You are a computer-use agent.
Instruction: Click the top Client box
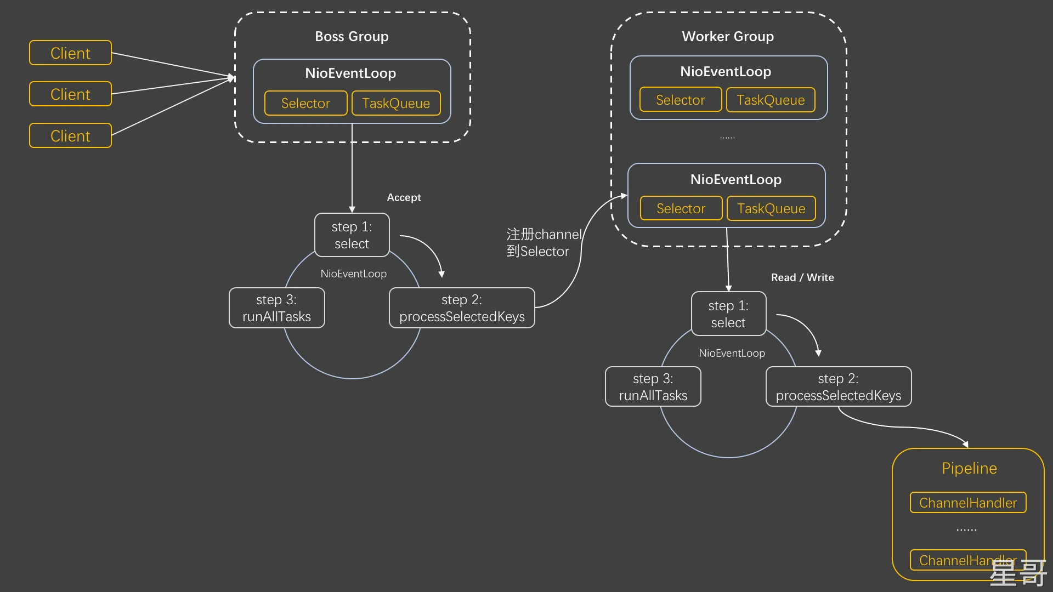[70, 53]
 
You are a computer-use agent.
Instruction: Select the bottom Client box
[70, 136]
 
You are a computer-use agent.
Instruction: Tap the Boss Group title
[352, 37]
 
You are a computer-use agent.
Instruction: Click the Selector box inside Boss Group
[305, 104]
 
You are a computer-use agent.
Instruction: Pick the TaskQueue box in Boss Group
[396, 104]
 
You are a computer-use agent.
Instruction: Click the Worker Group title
[728, 37]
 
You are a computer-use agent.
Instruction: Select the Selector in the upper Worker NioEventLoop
[680, 100]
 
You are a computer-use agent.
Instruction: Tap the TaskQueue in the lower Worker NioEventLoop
[771, 209]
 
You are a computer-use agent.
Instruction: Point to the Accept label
[404, 197]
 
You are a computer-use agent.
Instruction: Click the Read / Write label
[802, 277]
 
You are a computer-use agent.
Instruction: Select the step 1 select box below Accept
[352, 235]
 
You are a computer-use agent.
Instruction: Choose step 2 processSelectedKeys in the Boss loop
[462, 308]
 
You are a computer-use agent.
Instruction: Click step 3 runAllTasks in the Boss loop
[276, 308]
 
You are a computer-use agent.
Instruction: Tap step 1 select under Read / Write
[728, 314]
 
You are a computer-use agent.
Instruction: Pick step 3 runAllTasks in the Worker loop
[653, 387]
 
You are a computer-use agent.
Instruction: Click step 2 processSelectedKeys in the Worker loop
[838, 387]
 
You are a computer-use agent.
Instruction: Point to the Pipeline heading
[969, 468]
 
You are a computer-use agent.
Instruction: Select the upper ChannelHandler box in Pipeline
[968, 503]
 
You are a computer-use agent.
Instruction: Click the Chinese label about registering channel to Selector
[543, 243]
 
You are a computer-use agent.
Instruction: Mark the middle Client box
[70, 94]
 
